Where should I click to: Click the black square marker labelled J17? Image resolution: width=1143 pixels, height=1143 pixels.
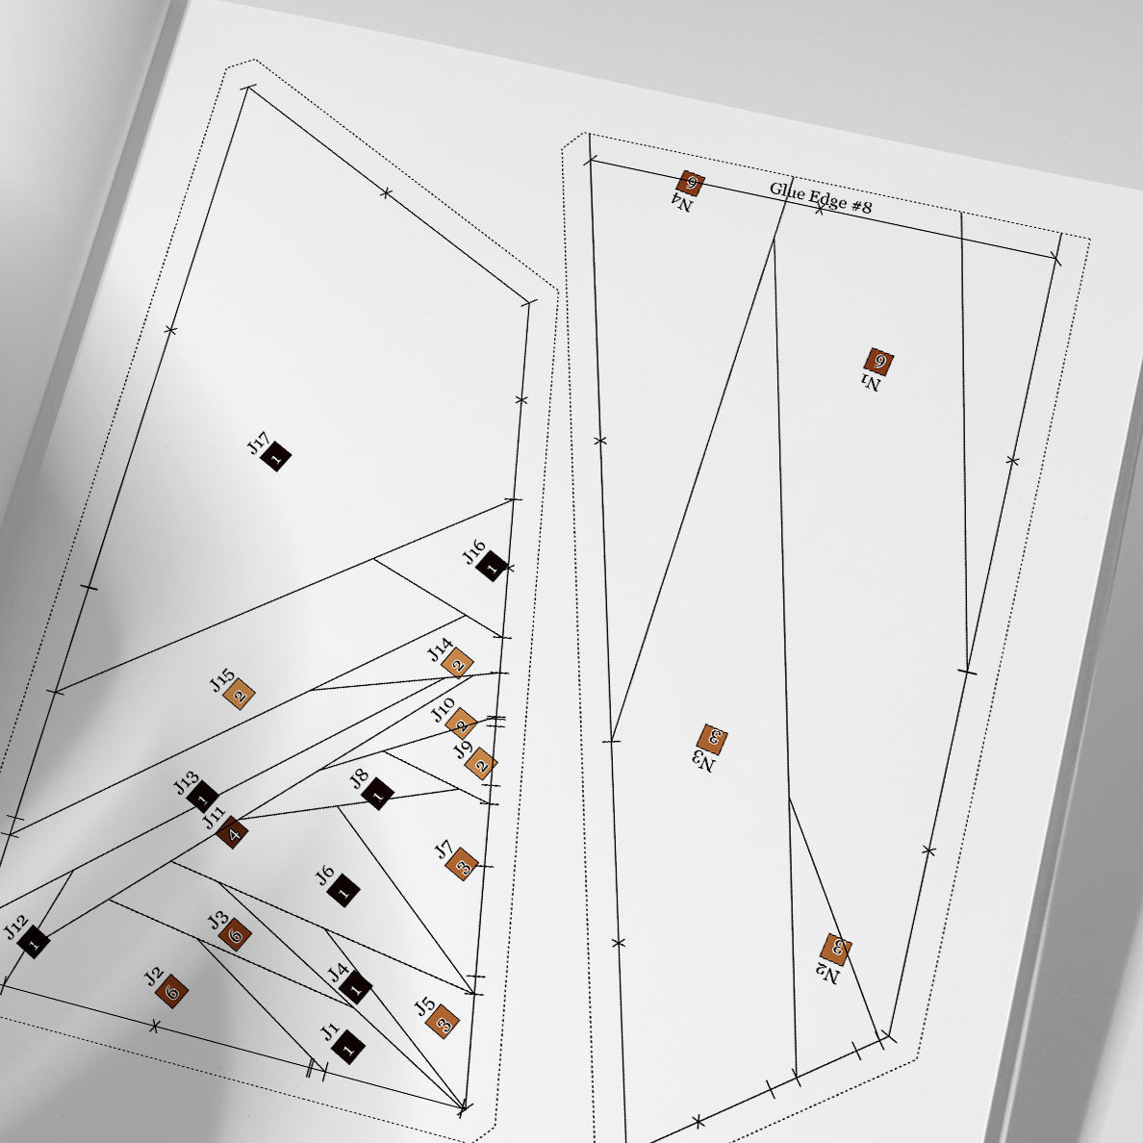click(276, 457)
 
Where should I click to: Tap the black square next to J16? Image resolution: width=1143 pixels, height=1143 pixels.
click(492, 565)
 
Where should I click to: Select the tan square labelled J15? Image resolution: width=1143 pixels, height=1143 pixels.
click(240, 694)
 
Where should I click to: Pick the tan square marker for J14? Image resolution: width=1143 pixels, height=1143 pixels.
click(458, 663)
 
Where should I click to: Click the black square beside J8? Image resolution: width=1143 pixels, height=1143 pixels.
click(377, 794)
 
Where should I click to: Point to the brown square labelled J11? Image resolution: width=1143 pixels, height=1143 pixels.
click(233, 832)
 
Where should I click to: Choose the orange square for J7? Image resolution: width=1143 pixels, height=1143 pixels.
click(462, 865)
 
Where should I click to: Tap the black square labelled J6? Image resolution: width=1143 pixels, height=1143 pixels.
click(343, 890)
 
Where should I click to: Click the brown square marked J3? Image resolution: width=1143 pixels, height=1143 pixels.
click(236, 934)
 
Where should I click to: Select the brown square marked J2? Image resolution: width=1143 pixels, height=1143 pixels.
click(172, 991)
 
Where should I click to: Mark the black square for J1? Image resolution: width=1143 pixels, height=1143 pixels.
click(348, 1048)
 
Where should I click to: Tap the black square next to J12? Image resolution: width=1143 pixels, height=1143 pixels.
click(34, 942)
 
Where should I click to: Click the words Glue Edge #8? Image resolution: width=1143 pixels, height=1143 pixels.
click(820, 197)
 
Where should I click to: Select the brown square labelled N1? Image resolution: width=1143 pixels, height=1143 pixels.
click(879, 361)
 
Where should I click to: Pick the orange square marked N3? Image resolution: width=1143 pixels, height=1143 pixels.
click(712, 739)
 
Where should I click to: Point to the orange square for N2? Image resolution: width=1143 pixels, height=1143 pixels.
click(835, 949)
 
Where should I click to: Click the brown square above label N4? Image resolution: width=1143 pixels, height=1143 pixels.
click(690, 182)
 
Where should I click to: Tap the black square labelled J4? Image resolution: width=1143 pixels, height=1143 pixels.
click(356, 988)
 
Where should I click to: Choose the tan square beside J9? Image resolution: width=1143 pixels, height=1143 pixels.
click(481, 764)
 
